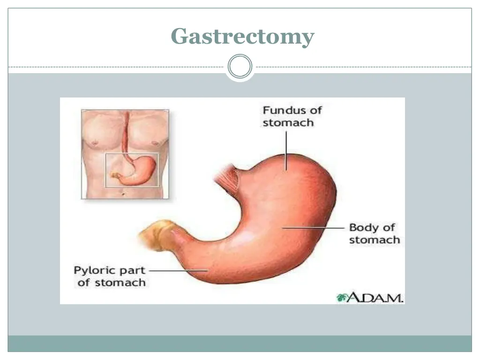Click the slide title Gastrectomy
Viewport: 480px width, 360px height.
(242, 36)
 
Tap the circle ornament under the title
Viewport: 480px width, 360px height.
(240, 67)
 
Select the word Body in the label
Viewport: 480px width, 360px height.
(363, 228)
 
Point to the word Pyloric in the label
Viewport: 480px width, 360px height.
(96, 271)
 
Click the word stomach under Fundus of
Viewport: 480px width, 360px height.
(288, 123)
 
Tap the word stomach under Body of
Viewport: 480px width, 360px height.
(374, 240)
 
